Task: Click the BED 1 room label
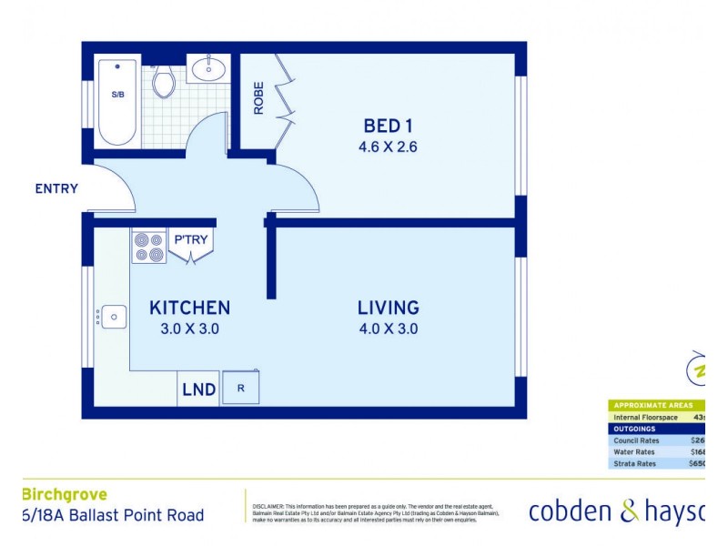(x=389, y=126)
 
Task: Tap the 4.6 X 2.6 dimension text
(x=389, y=146)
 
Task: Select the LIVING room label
(x=388, y=308)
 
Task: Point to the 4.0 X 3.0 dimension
(x=388, y=329)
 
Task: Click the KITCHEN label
(x=189, y=308)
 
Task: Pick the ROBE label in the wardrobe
(x=258, y=97)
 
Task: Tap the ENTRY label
(x=56, y=189)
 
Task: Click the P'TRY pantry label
(x=191, y=239)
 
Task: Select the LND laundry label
(x=198, y=389)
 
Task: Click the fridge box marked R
(x=240, y=388)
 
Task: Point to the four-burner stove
(x=149, y=246)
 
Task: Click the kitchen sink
(x=114, y=317)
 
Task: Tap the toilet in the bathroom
(x=164, y=81)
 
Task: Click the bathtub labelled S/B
(x=117, y=100)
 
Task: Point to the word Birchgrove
(x=64, y=495)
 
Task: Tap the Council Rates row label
(x=637, y=440)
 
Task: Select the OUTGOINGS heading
(x=635, y=429)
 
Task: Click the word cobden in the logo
(x=571, y=511)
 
